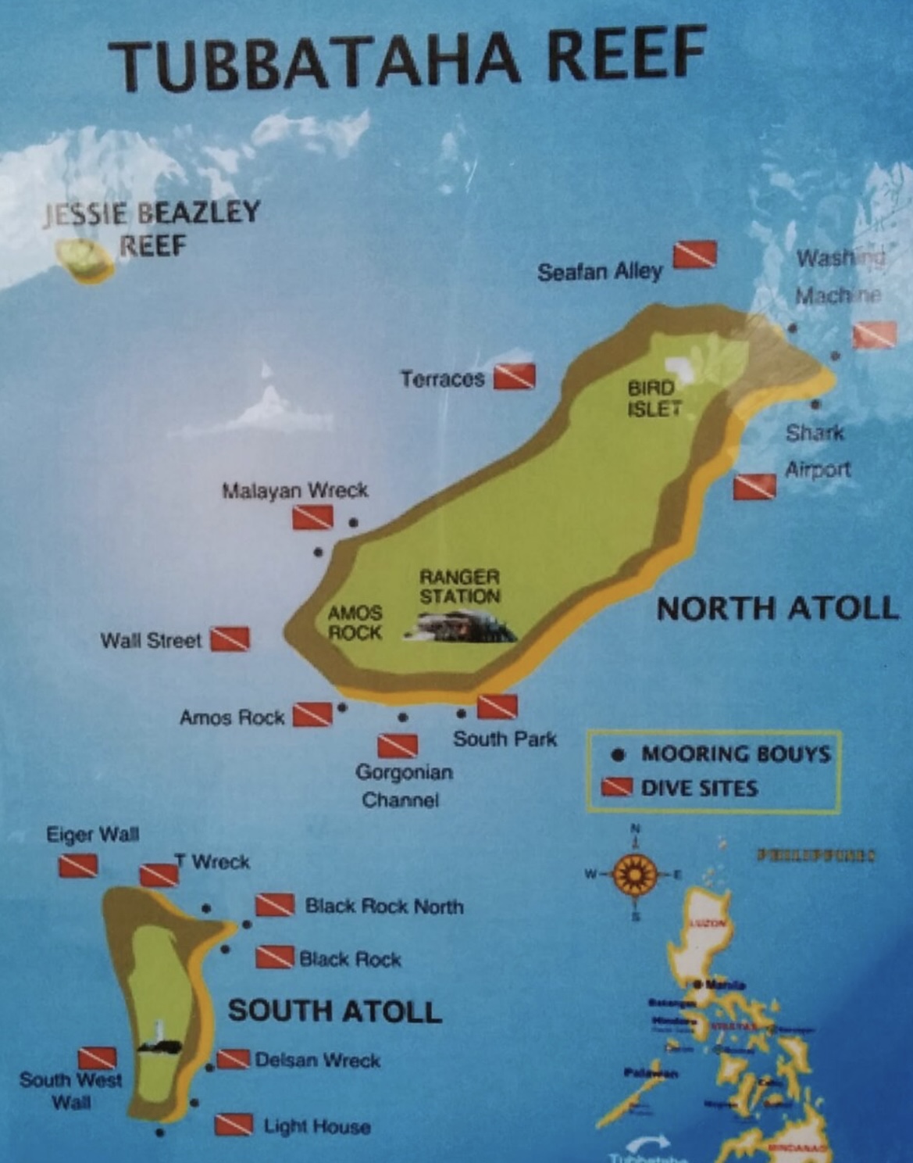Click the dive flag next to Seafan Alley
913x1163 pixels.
pos(694,254)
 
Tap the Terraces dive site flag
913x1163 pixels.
pos(514,377)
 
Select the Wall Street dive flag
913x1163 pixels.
pos(230,639)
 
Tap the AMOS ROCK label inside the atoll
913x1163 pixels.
pos(355,623)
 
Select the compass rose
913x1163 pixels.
pos(635,874)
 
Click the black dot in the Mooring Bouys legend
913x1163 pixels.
pos(619,754)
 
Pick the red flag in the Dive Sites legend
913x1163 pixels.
pos(617,787)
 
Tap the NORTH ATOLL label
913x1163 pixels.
pos(777,608)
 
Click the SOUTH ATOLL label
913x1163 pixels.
pos(334,1011)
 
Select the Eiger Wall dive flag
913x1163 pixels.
pos(78,865)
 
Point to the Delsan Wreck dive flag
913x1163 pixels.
pos(234,1059)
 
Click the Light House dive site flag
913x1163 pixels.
pos(234,1124)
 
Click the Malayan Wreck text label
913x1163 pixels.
pos(294,491)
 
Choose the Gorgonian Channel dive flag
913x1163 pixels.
pos(398,746)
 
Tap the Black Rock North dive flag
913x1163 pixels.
pos(275,905)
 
